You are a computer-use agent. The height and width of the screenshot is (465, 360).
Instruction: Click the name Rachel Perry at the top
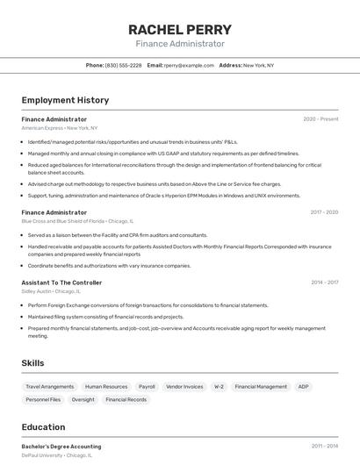pyautogui.click(x=180, y=29)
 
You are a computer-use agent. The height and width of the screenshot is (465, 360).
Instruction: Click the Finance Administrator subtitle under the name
pyautogui.click(x=180, y=44)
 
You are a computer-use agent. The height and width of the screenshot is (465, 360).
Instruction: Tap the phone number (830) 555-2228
pyautogui.click(x=123, y=65)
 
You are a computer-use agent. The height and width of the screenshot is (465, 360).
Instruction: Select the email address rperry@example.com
pyautogui.click(x=189, y=65)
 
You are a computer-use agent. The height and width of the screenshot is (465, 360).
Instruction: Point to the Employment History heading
pyautogui.click(x=65, y=100)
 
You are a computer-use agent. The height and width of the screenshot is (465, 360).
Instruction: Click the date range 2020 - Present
pyautogui.click(x=320, y=119)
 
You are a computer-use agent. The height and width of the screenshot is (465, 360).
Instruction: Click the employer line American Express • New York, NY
pyautogui.click(x=60, y=128)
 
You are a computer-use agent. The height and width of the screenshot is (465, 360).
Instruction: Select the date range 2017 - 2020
pyautogui.click(x=323, y=212)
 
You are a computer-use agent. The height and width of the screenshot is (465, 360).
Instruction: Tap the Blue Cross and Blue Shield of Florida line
pyautogui.click(x=77, y=221)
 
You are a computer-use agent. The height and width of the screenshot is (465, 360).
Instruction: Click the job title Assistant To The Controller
pyautogui.click(x=61, y=283)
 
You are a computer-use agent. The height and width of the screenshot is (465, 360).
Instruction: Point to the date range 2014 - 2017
pyautogui.click(x=324, y=283)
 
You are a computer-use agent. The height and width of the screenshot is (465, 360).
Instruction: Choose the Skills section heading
pyautogui.click(x=33, y=362)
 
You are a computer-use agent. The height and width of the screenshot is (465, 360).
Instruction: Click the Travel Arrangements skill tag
pyautogui.click(x=49, y=386)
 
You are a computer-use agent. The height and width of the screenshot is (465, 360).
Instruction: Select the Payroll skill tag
pyautogui.click(x=147, y=386)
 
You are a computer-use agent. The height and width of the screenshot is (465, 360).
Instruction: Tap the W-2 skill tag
pyautogui.click(x=219, y=386)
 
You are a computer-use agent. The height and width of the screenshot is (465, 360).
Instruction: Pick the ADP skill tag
pyautogui.click(x=303, y=386)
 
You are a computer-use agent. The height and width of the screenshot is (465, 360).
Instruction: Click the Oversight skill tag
pyautogui.click(x=83, y=399)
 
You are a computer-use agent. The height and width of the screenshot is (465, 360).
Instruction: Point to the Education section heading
pyautogui.click(x=43, y=427)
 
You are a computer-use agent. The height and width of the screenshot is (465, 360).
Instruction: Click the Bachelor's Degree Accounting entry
pyautogui.click(x=61, y=447)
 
